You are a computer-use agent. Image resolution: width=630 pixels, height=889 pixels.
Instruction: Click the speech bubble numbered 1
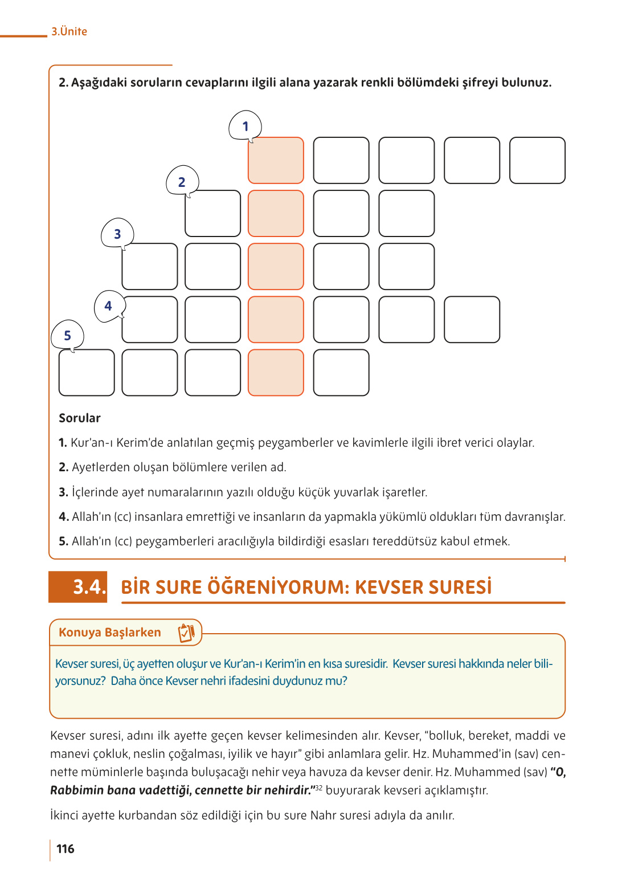(x=245, y=126)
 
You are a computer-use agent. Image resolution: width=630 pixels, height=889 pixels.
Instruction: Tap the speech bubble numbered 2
(x=182, y=182)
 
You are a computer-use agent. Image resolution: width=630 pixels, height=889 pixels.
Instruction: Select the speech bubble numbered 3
(x=117, y=234)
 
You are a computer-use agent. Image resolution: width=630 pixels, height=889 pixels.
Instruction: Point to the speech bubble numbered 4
(x=108, y=306)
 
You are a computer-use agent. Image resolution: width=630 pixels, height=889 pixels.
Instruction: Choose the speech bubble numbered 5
(x=67, y=336)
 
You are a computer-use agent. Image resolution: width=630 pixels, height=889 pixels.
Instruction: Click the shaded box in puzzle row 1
(x=276, y=160)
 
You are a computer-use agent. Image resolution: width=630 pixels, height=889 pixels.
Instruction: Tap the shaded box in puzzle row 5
(x=276, y=373)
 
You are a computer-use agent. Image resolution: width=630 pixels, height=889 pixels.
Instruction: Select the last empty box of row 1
(x=537, y=160)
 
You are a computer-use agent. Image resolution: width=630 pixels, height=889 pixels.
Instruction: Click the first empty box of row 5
(x=87, y=373)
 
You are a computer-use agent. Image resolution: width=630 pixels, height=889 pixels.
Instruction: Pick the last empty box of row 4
(x=472, y=320)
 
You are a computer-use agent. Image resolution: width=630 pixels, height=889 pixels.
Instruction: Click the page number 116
(x=66, y=849)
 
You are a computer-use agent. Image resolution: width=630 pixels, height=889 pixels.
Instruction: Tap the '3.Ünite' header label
(x=69, y=32)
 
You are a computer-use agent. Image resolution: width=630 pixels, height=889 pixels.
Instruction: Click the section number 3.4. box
(x=78, y=587)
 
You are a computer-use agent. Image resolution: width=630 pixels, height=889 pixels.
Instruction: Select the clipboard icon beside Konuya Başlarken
(x=186, y=633)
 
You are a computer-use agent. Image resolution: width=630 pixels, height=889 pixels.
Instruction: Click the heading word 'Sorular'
(x=80, y=418)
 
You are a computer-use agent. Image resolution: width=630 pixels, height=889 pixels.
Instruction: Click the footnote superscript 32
(x=319, y=788)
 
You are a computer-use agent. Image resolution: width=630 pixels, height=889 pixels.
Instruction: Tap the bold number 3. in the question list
(x=63, y=492)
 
